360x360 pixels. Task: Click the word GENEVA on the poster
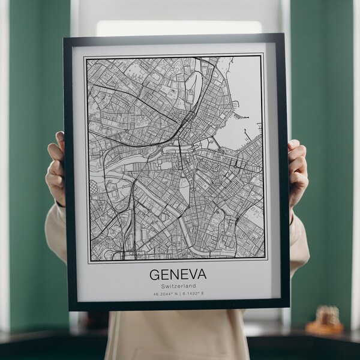coord(178,274)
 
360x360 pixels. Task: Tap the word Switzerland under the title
coord(178,286)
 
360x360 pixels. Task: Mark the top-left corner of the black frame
coord(65,38)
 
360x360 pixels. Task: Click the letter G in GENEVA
coord(154,274)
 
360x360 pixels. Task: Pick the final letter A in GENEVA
coord(201,274)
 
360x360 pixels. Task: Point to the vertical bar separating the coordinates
coord(178,294)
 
